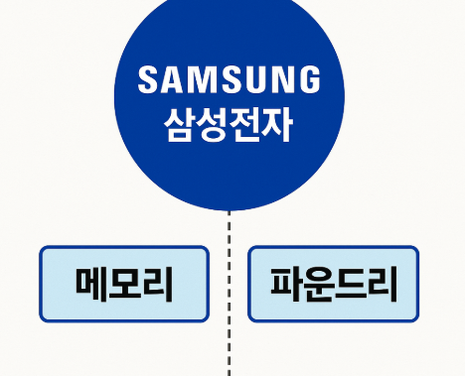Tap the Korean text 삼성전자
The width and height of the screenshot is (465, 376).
(x=230, y=124)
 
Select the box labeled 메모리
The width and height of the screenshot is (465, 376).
(x=124, y=285)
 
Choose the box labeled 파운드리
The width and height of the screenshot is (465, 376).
(x=333, y=285)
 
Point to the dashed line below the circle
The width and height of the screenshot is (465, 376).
(x=230, y=298)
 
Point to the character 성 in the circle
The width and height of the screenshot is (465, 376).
(x=213, y=124)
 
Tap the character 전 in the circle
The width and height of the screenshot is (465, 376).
(x=245, y=124)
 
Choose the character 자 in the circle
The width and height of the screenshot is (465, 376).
(x=278, y=124)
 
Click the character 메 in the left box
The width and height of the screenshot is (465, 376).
(x=92, y=285)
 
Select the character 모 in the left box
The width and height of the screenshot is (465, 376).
(x=124, y=285)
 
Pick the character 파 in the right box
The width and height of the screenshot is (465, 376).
(x=285, y=285)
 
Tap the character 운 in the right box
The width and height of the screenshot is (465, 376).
(x=317, y=285)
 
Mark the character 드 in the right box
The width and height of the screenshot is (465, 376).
(x=349, y=285)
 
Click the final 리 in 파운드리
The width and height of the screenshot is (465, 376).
(x=381, y=285)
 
